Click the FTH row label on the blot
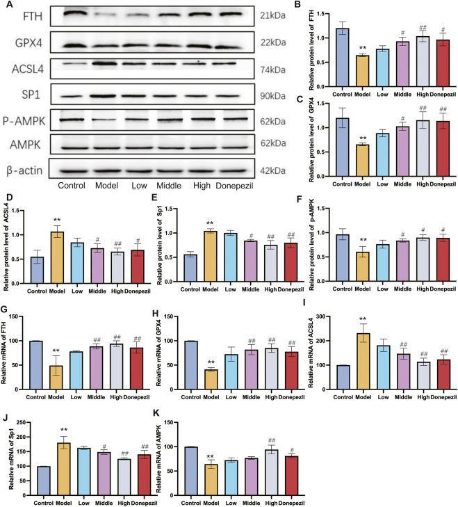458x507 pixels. point(23,15)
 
